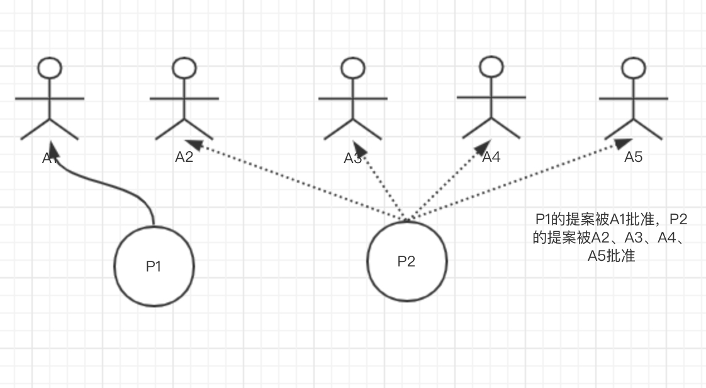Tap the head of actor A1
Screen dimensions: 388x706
click(x=50, y=67)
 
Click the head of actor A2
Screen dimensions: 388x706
click(x=184, y=67)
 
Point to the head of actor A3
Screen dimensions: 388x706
click(x=352, y=67)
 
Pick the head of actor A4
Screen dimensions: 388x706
click(x=491, y=66)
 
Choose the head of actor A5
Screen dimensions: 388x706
click(x=633, y=67)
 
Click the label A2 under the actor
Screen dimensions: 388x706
click(x=184, y=157)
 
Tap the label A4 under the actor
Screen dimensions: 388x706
click(x=491, y=157)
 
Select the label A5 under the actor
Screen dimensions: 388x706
click(x=633, y=157)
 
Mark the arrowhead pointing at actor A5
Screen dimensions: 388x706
click(x=624, y=143)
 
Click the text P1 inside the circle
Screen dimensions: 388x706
click(x=154, y=266)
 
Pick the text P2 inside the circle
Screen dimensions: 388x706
click(x=406, y=261)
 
